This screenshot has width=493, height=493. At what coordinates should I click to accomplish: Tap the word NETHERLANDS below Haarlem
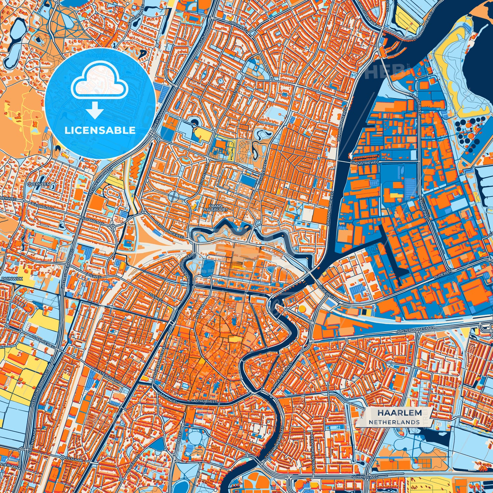(394, 422)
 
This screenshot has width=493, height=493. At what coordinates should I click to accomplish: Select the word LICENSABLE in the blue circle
(100, 130)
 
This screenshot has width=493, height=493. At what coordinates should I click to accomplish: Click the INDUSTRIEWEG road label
(365, 163)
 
